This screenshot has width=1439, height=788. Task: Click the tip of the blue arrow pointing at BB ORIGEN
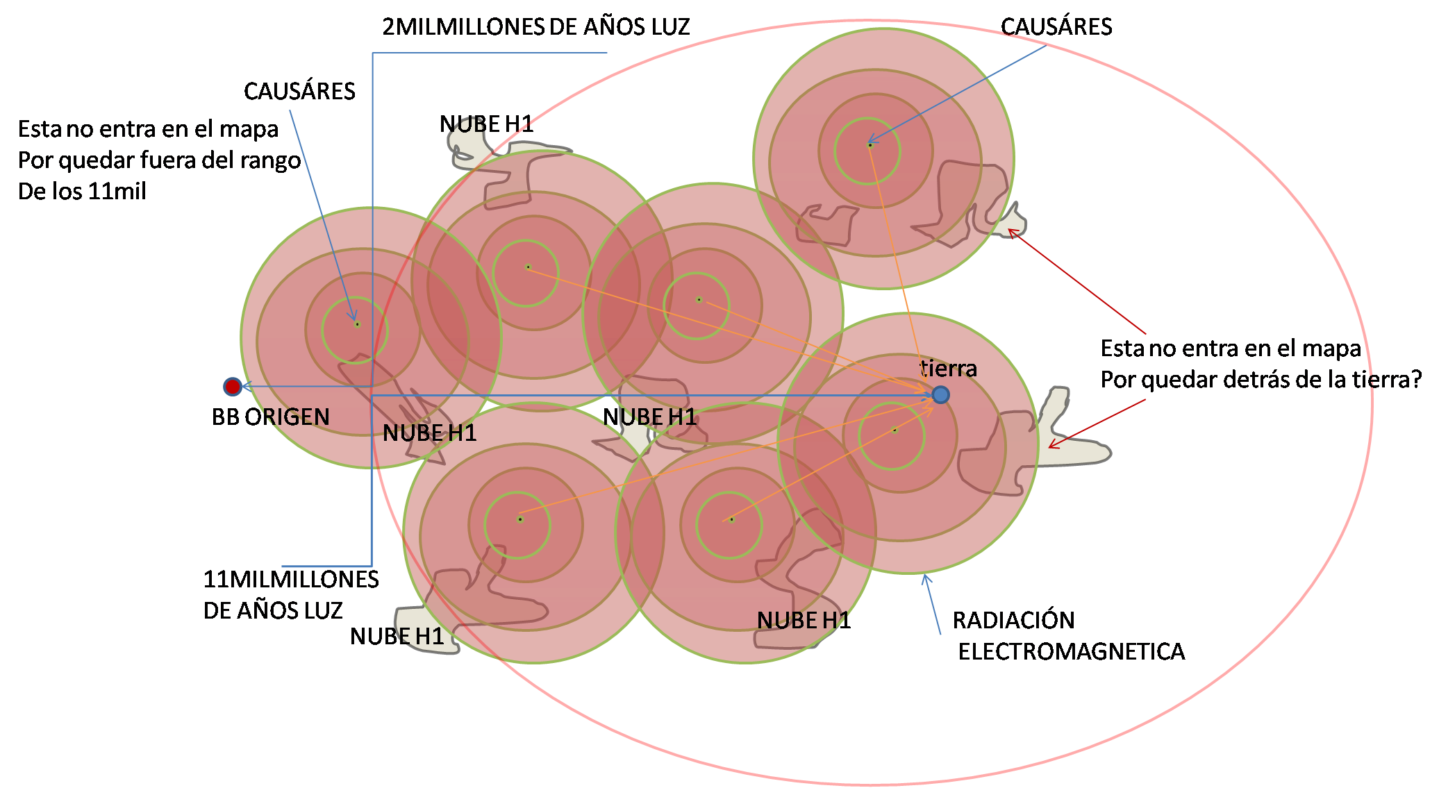242,387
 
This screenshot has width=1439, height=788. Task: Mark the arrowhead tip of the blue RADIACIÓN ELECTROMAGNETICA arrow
924,576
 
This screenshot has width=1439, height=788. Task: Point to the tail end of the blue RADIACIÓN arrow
940,634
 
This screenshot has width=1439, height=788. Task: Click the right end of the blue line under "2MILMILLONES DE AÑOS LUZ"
607,53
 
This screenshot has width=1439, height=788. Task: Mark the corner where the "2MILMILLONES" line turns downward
373,53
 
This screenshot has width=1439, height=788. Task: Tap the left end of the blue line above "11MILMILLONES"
283,567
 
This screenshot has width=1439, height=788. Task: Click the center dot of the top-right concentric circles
870,145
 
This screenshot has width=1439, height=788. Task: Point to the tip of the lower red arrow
1049,446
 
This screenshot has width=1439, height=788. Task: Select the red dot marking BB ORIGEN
233,387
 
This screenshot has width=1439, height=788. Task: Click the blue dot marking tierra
940,395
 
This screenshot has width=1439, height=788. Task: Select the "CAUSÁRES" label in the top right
1056,27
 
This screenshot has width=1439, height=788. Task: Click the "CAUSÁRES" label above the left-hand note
299,91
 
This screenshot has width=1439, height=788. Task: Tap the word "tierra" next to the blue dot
949,368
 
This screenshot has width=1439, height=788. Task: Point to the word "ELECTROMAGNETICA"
1072,651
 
